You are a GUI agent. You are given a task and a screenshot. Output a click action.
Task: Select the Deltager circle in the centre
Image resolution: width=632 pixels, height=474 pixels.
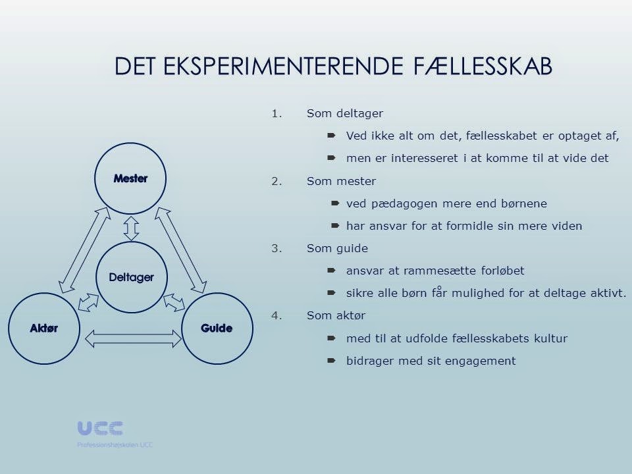point(131,277)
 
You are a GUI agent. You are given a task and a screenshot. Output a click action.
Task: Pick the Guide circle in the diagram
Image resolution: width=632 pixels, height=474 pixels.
point(217,329)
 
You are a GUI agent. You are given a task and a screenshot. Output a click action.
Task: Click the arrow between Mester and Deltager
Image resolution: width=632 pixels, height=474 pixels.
point(131,228)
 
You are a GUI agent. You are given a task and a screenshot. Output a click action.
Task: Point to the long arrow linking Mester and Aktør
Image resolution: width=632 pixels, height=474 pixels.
point(84,250)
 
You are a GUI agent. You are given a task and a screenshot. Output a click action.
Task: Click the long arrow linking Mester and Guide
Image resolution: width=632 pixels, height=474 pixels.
point(181,250)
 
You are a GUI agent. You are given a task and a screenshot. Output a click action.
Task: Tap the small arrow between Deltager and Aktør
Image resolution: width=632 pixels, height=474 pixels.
point(88,302)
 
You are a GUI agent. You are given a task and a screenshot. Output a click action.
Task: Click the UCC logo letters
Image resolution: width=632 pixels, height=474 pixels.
point(100,429)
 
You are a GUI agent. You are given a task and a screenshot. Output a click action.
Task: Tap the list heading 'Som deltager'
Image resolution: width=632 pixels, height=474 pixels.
point(335,113)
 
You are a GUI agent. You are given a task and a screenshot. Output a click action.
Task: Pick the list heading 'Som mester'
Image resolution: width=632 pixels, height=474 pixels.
point(332,181)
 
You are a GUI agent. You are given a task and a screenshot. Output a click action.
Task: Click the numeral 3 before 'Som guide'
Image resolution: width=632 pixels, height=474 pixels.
point(275,249)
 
